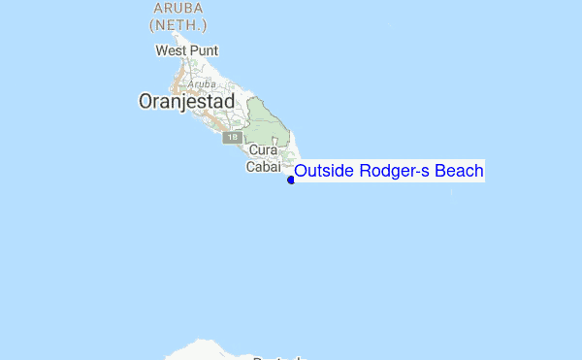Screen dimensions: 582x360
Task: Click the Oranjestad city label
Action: tap(186, 101)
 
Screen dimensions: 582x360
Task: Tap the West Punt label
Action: tap(187, 50)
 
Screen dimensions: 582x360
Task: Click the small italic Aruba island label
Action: tap(202, 84)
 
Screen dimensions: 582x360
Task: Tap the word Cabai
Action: tap(262, 167)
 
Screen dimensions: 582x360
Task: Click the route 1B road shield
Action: tap(232, 138)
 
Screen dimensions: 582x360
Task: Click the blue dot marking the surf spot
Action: tap(291, 180)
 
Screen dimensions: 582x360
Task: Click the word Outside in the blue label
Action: tap(326, 172)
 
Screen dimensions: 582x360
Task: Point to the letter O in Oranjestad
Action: tap(146, 101)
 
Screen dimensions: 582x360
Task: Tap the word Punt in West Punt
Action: tap(204, 50)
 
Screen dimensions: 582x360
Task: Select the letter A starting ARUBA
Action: tap(157, 9)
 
